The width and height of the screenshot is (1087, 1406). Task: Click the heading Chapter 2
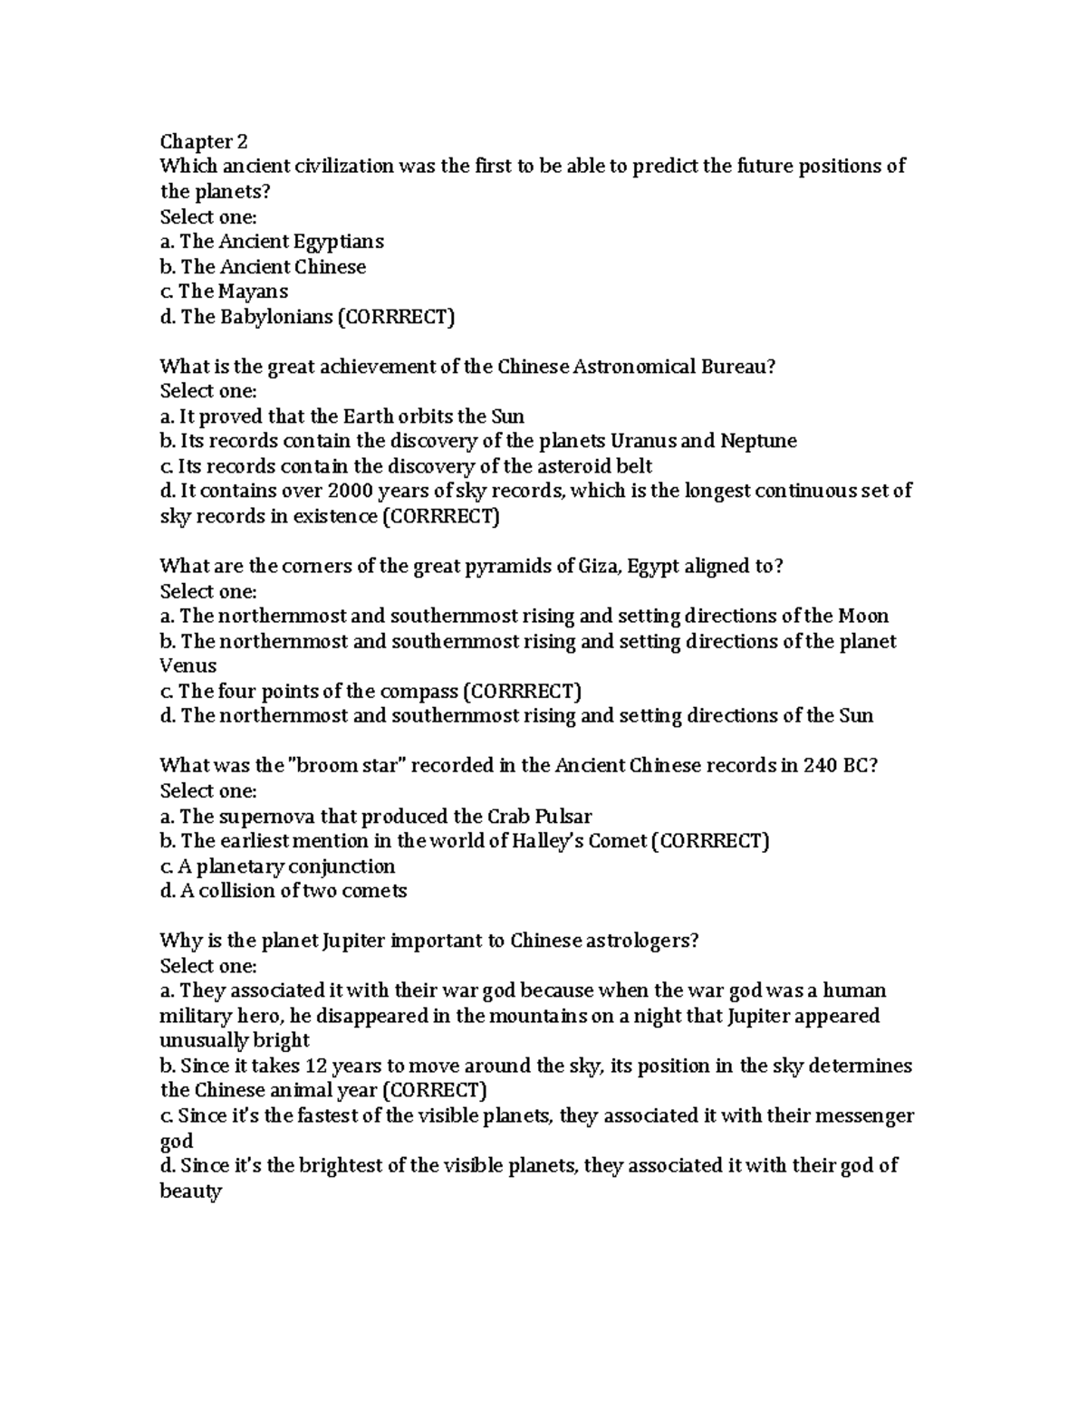(203, 141)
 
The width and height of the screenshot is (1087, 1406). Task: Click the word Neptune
(758, 442)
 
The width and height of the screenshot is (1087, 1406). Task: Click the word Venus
(188, 666)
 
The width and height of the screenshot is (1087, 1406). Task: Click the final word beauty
(189, 1191)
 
